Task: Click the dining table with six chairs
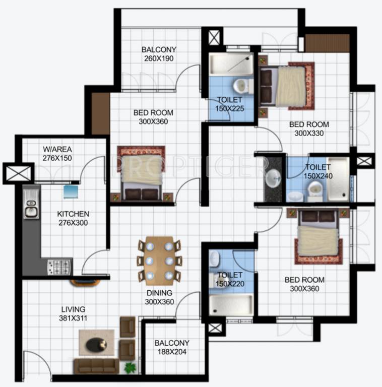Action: coord(159,260)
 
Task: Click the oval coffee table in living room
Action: coord(96,344)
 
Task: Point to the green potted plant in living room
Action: coord(130,367)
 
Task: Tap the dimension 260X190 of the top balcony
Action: coord(159,58)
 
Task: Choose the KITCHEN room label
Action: coord(73,214)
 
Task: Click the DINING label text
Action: coord(159,293)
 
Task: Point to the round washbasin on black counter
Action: coord(274,177)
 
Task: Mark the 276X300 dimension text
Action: coord(73,222)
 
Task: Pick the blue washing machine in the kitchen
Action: coord(71,191)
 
